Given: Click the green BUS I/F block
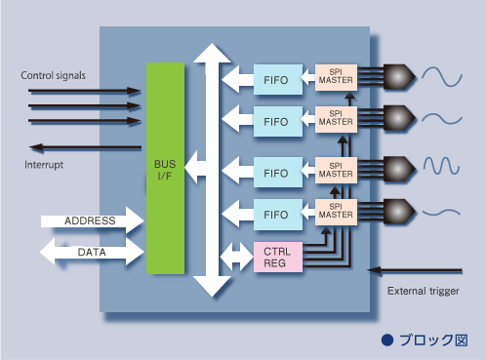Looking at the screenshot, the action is (x=165, y=168).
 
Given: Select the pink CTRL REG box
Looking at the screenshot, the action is (x=278, y=257).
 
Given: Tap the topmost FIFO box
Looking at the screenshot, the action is (x=278, y=80).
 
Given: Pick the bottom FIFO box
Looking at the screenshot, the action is (x=278, y=215).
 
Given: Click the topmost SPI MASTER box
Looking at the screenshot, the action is (x=336, y=77).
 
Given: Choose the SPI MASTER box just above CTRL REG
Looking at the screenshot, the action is (x=336, y=212).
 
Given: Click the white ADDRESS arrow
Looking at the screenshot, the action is (x=93, y=220).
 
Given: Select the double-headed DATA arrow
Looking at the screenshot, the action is (x=92, y=252).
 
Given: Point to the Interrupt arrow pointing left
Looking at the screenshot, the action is (x=85, y=147).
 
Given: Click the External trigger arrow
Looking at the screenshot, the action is (x=415, y=270).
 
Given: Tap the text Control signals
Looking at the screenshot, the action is (x=53, y=75).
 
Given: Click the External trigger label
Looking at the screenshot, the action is (x=424, y=291).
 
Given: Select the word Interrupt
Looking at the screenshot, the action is (x=44, y=165).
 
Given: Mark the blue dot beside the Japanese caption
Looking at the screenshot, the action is (x=387, y=340).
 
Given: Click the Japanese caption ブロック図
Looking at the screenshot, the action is (x=433, y=340).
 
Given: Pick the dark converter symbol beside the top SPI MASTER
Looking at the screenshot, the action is (x=399, y=77).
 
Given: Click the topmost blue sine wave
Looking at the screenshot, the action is (x=442, y=77).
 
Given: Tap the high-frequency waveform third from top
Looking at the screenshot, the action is (x=441, y=166).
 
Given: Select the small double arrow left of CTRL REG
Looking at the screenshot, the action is (x=237, y=257).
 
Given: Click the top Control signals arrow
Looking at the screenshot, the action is (x=85, y=91).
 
